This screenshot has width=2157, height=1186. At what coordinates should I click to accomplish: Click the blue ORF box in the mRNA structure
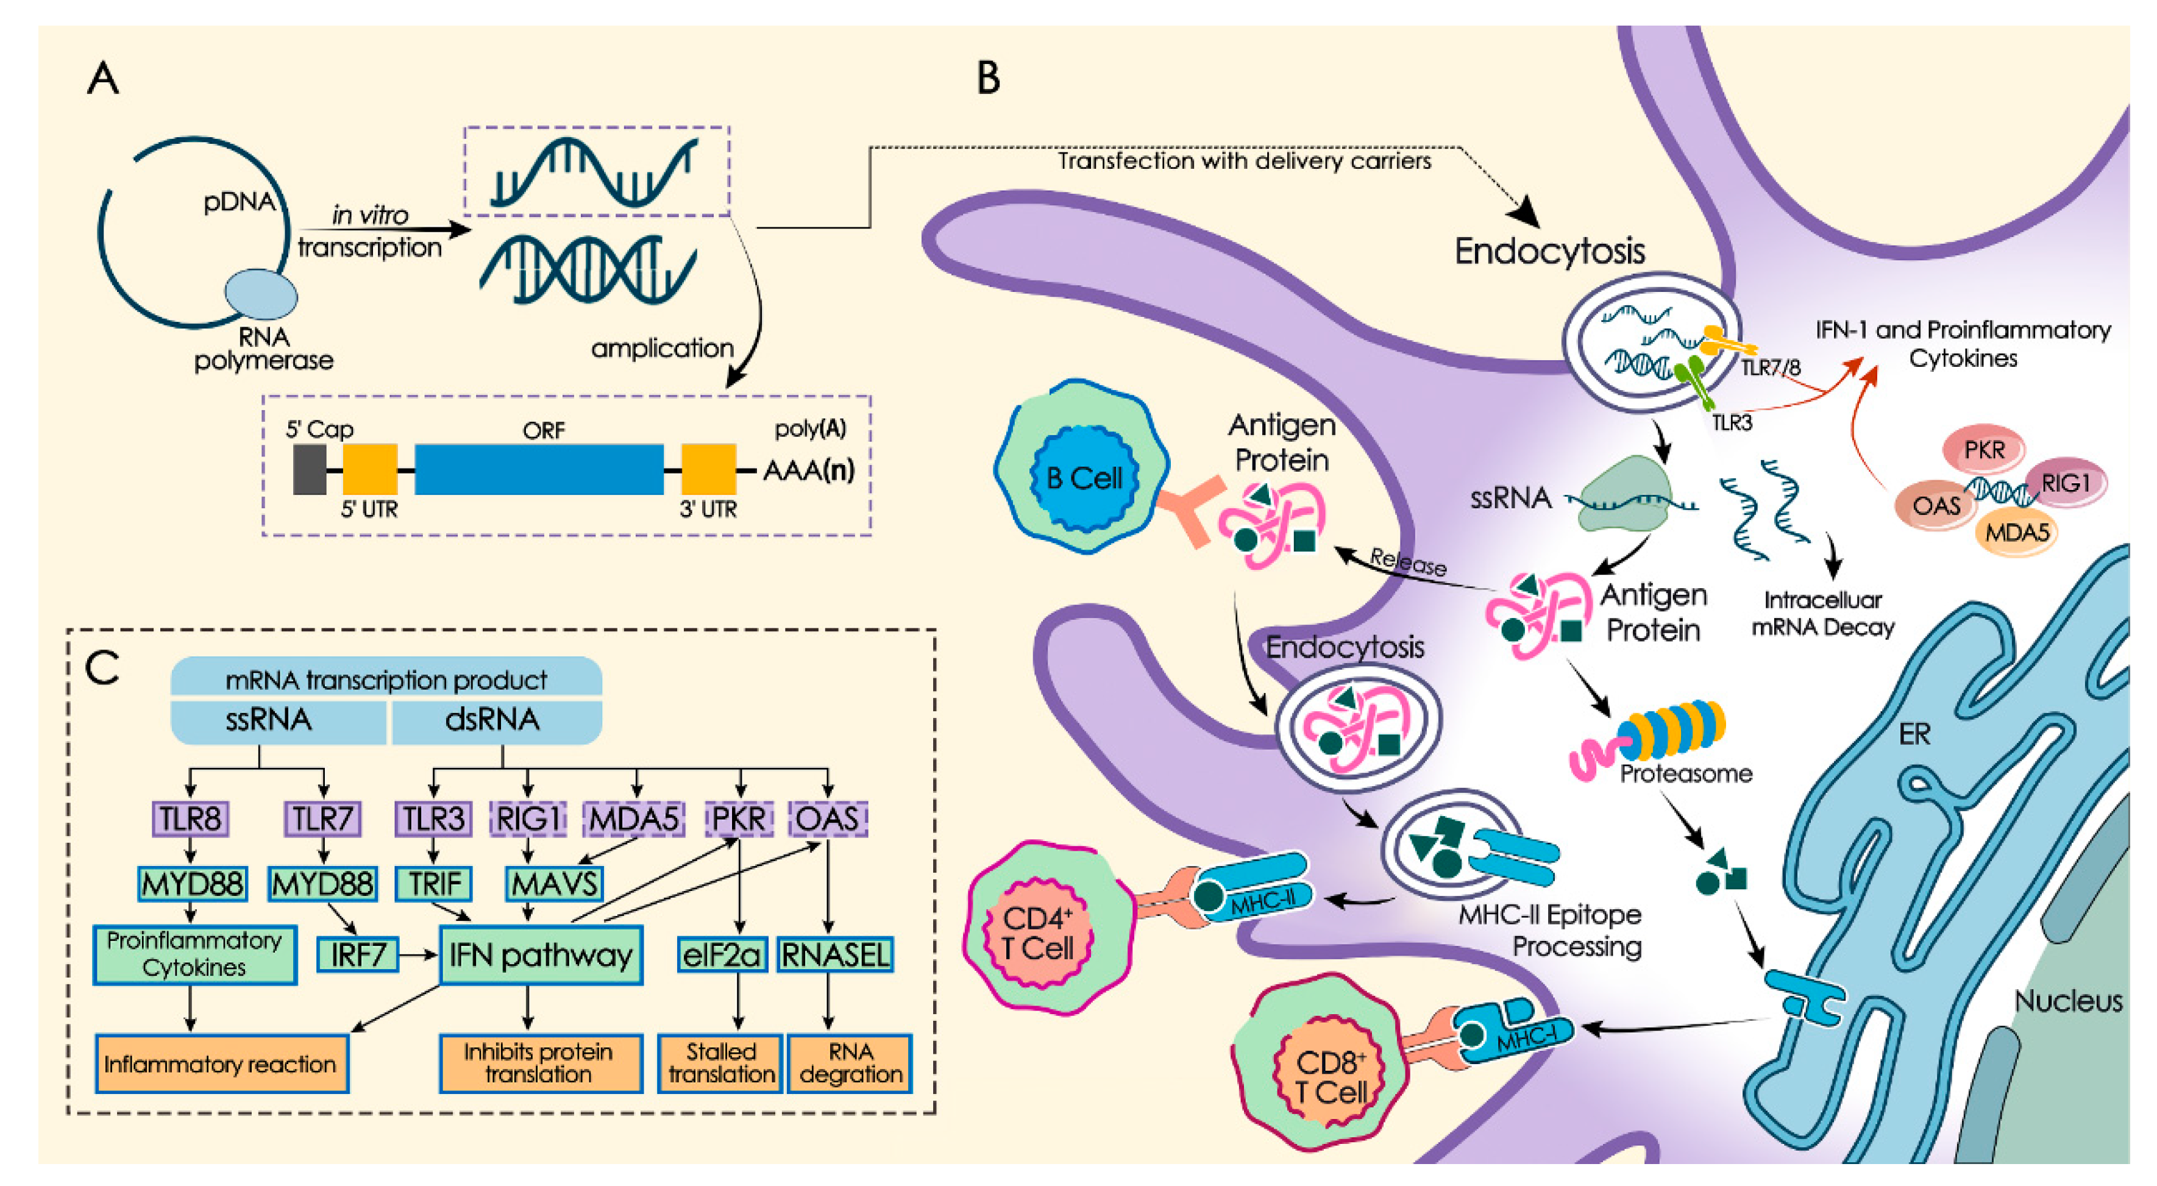(539, 470)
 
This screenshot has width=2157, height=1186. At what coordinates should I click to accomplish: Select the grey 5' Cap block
(309, 470)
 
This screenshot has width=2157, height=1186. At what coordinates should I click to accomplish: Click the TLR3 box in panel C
(433, 818)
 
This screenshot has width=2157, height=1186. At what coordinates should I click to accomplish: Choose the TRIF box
(434, 884)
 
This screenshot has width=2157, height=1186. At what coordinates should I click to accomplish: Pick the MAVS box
(554, 884)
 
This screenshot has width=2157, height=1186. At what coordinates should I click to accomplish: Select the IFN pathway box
(541, 955)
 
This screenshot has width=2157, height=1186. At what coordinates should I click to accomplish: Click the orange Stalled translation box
(721, 1063)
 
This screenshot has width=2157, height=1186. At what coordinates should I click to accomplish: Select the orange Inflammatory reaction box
(222, 1063)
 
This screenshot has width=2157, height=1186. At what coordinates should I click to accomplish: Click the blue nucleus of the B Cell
(1085, 478)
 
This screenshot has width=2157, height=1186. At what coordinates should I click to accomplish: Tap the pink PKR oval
(1983, 450)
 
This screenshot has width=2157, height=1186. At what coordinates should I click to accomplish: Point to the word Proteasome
(1686, 773)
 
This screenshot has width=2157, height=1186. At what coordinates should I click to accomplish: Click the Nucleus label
(2067, 1001)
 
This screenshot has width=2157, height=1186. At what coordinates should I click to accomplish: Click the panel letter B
(989, 78)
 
